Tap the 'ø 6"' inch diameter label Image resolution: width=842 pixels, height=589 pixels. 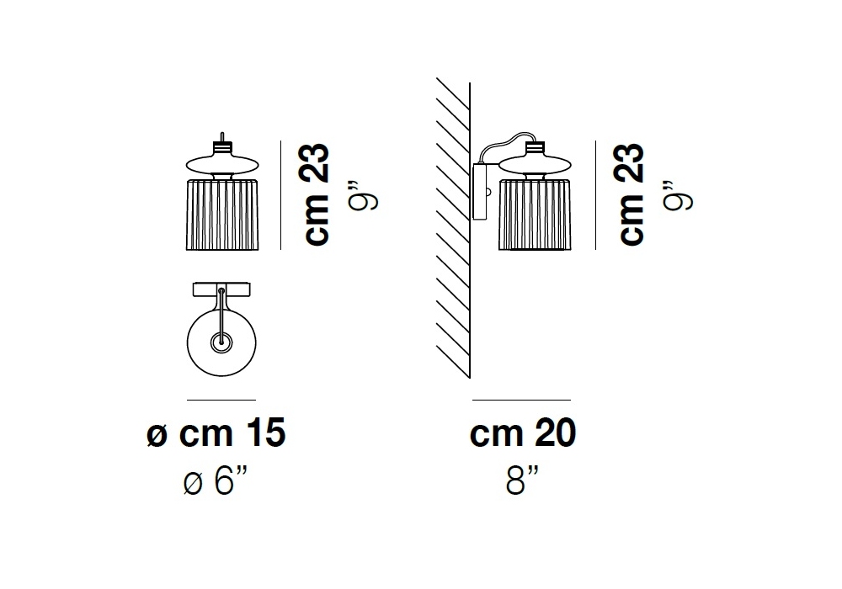pos(216,480)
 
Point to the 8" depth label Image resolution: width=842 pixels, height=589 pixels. pos(523,480)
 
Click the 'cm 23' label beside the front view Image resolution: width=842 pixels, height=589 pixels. pos(317,194)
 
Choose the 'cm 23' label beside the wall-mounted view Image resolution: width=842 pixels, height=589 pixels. pos(631,194)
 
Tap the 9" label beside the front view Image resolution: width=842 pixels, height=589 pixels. pos(364,195)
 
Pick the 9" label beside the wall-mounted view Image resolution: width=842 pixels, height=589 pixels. pos(678,195)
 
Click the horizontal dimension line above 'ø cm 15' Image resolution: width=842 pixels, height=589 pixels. pos(221,400)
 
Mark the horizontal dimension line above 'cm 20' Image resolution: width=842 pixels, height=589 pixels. pos(521,400)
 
